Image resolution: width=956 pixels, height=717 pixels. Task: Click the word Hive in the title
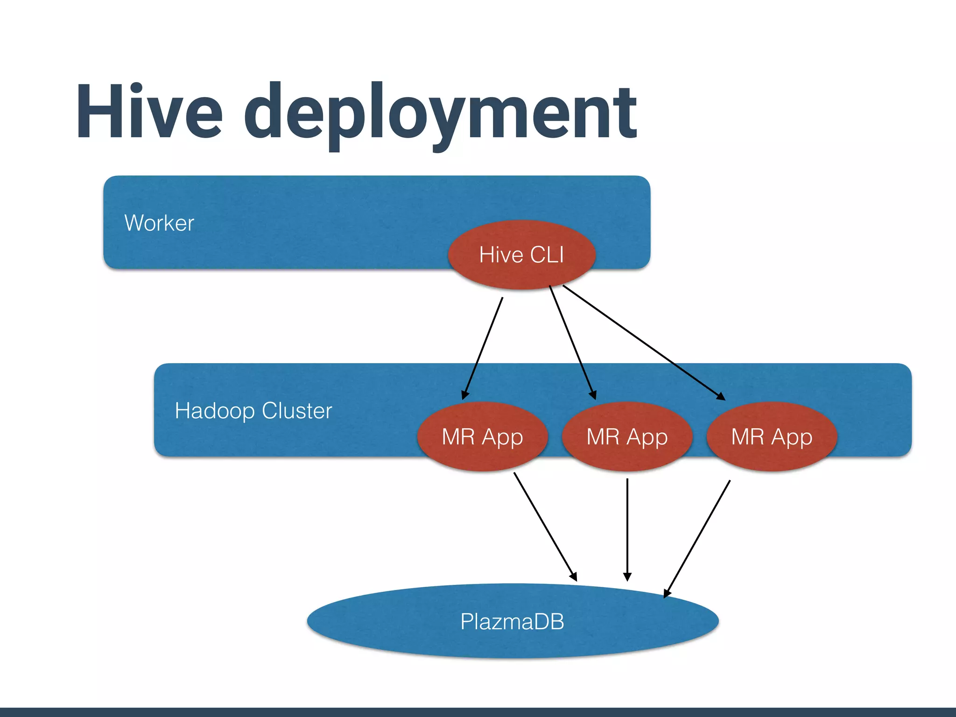[x=149, y=112]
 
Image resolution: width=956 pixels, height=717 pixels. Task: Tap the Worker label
[x=159, y=223]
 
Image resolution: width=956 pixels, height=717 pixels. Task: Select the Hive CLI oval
[x=521, y=255]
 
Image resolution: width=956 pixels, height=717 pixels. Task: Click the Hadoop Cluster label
[x=253, y=411]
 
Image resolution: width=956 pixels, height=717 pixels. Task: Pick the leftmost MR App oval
[x=482, y=437]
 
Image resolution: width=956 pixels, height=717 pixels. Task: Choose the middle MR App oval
[x=627, y=437]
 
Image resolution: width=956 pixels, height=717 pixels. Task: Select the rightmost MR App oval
[x=772, y=437]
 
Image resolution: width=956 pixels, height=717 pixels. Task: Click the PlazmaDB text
[x=512, y=622]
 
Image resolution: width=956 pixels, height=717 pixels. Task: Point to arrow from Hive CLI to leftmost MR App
[x=483, y=348]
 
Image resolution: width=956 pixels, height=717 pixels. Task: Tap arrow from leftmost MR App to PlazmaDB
[x=545, y=526]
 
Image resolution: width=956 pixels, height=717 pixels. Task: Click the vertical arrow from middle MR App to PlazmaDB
[x=627, y=527]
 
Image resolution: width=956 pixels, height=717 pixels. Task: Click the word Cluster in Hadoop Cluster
[x=297, y=411]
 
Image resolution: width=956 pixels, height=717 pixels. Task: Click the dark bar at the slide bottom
[x=478, y=712]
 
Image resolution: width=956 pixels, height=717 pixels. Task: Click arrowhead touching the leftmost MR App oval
[x=464, y=395]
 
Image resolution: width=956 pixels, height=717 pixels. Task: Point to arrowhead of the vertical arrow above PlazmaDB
[x=627, y=576]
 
